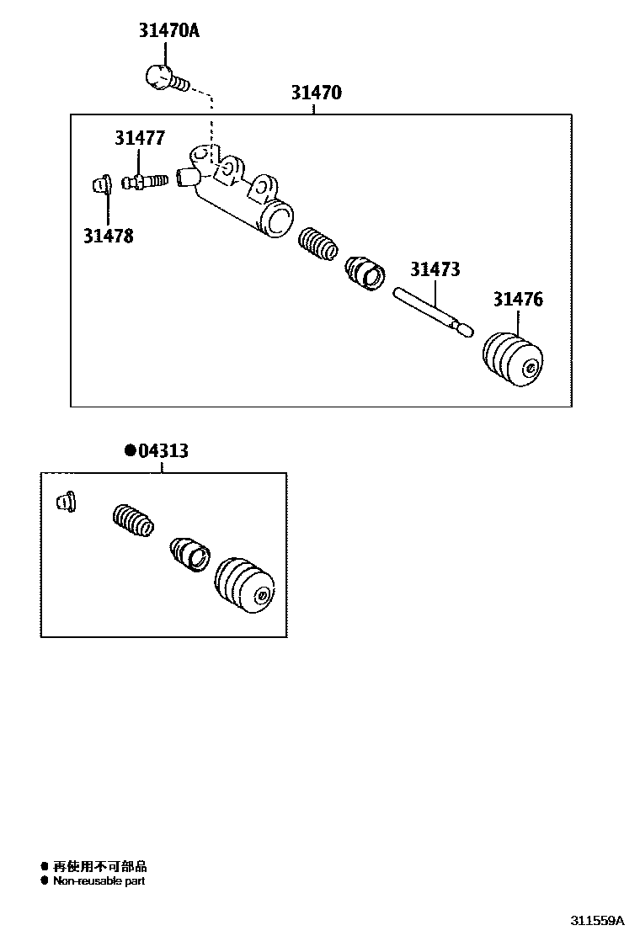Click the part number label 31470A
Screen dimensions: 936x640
169,33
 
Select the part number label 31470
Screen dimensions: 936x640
317,93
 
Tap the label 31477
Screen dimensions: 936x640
140,138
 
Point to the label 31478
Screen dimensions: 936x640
108,236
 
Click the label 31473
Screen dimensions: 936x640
435,269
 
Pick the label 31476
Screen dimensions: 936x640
518,299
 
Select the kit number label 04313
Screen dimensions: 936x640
163,451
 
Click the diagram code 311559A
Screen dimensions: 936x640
599,920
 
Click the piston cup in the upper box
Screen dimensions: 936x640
365,274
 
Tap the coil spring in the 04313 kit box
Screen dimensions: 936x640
133,519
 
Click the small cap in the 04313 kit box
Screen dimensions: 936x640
64,502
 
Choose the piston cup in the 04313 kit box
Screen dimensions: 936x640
190,553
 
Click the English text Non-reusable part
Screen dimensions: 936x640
99,880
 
